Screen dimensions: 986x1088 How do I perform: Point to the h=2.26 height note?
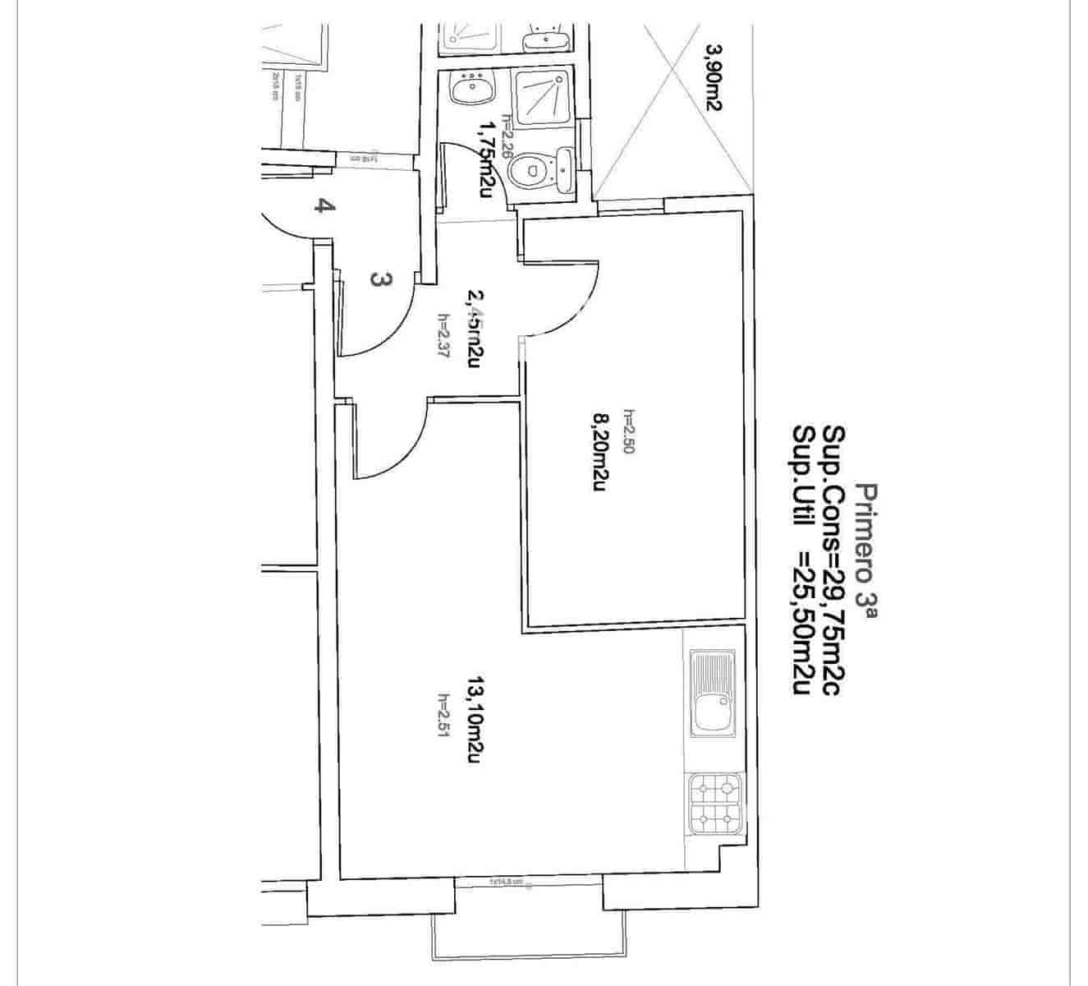click(507, 135)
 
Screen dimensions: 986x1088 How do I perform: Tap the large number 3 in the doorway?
click(379, 279)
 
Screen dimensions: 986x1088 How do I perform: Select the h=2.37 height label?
click(443, 337)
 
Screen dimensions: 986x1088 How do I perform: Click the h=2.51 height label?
click(443, 715)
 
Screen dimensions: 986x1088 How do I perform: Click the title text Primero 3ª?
click(867, 546)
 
